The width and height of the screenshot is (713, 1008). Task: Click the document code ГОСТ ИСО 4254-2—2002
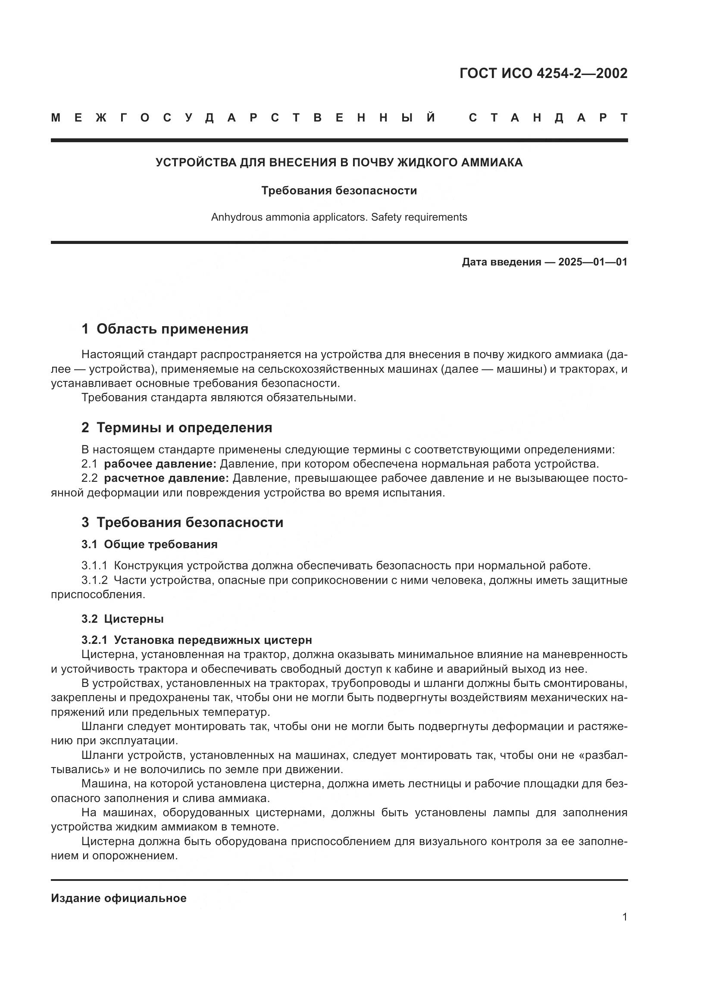point(543,73)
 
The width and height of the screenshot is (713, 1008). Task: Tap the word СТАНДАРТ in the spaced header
point(548,118)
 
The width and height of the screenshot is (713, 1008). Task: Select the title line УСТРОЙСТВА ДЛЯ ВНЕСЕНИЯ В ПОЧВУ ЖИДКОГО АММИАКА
point(339,162)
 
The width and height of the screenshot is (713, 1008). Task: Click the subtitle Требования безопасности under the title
point(339,190)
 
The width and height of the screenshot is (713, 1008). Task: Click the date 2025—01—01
point(592,262)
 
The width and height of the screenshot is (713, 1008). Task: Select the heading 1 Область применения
point(165,329)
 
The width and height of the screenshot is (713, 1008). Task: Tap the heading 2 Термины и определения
point(176,428)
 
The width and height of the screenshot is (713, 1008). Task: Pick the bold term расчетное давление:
point(166,478)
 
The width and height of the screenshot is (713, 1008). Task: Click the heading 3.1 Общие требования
point(149,544)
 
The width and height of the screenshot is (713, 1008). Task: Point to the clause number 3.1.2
point(94,580)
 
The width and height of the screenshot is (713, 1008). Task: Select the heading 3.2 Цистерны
point(122,618)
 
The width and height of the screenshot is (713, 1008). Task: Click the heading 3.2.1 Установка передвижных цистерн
point(196,640)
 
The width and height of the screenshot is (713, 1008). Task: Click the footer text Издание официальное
point(119,898)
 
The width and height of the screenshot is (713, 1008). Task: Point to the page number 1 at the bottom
point(624,917)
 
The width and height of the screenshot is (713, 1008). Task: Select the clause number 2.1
point(89,464)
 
